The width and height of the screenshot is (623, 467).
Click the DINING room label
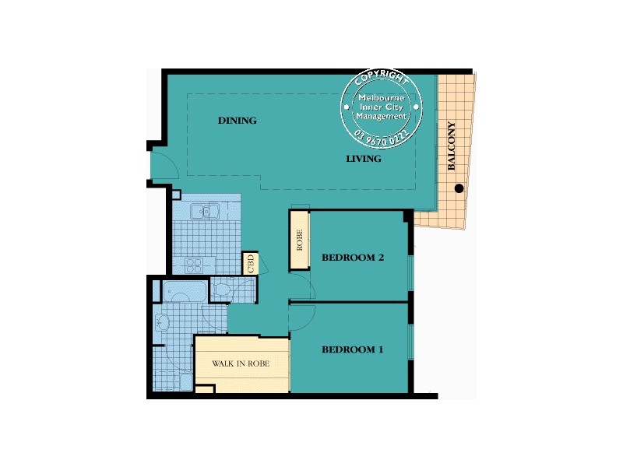tap(238, 121)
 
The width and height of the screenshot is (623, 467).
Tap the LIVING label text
tap(364, 159)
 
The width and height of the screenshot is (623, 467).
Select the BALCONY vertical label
tap(452, 146)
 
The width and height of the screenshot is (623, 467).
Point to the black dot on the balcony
tap(459, 188)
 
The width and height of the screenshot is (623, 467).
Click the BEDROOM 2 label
tap(353, 258)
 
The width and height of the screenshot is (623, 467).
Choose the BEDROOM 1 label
tap(353, 350)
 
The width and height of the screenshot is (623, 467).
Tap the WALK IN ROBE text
tap(241, 363)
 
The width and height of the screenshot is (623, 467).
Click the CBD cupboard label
tap(251, 263)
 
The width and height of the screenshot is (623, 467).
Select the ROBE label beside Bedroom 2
tap(299, 242)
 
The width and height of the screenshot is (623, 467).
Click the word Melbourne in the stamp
tap(382, 97)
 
